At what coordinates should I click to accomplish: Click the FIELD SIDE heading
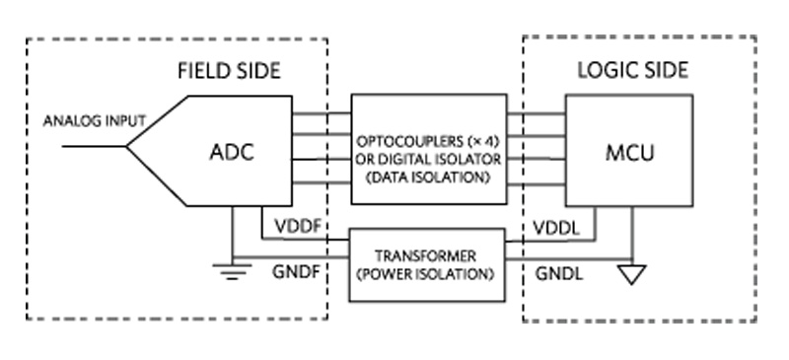[x=229, y=71]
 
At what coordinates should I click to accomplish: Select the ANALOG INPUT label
[x=94, y=122]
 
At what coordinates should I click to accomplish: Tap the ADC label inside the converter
[x=233, y=152]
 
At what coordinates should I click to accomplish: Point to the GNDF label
[x=295, y=267]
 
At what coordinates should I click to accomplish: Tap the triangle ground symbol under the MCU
[x=632, y=273]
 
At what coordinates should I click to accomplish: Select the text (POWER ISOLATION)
[x=426, y=269]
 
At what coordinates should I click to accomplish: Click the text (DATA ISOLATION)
[x=426, y=178]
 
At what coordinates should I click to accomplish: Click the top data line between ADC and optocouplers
[x=322, y=113]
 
